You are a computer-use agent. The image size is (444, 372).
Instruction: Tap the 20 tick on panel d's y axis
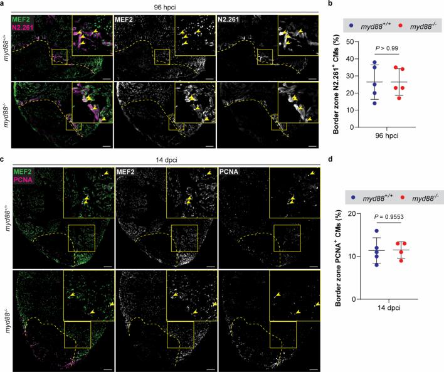pos(356,213)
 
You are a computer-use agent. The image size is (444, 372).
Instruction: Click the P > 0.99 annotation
pos(388,47)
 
